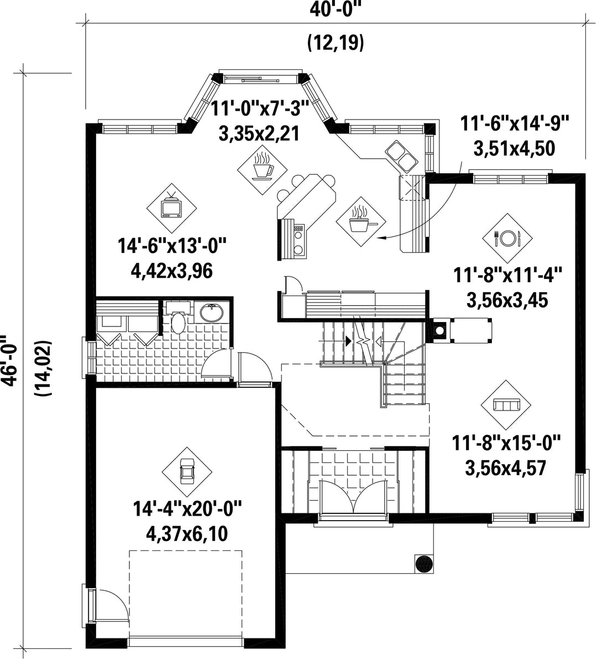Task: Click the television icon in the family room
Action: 172,207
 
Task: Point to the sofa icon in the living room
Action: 506,405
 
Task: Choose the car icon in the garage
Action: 187,471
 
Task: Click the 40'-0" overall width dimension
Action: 336,9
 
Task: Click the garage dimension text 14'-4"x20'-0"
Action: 187,508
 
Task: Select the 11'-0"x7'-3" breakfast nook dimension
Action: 260,108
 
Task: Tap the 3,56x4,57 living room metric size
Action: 506,468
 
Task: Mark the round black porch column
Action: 423,563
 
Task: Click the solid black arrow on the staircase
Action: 348,341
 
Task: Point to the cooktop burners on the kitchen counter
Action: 298,240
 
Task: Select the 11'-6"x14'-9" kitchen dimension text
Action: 514,124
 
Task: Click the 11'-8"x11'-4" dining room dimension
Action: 507,276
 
